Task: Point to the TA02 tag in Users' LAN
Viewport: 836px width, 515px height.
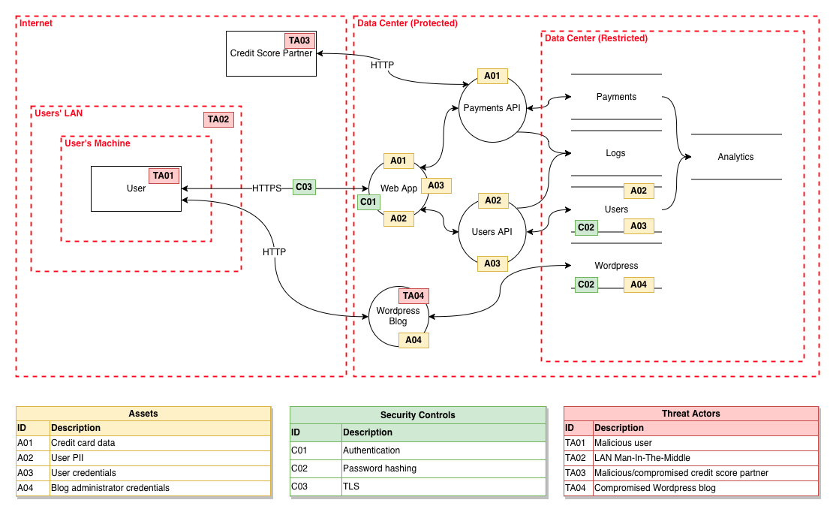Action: pos(218,119)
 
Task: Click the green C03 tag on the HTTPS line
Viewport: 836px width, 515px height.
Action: pos(304,187)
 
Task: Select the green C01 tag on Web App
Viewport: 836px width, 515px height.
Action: pos(368,202)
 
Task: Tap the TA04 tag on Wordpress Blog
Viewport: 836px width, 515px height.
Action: pos(413,296)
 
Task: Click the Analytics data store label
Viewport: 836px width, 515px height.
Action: pos(735,157)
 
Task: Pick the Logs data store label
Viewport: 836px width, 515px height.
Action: pos(615,153)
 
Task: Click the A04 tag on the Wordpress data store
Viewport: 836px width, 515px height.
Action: pos(639,285)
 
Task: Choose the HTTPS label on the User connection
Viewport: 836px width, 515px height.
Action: pos(266,188)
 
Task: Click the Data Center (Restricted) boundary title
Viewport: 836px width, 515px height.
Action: pos(596,38)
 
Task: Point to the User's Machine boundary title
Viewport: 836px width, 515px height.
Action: pos(98,143)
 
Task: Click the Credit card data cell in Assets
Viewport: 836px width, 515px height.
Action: pos(160,443)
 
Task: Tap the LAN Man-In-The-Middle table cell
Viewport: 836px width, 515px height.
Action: pos(705,458)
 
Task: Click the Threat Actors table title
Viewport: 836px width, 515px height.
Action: pos(691,414)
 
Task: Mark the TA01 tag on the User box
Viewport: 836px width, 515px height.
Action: pos(164,176)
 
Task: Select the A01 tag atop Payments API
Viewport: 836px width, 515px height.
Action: pos(492,77)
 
